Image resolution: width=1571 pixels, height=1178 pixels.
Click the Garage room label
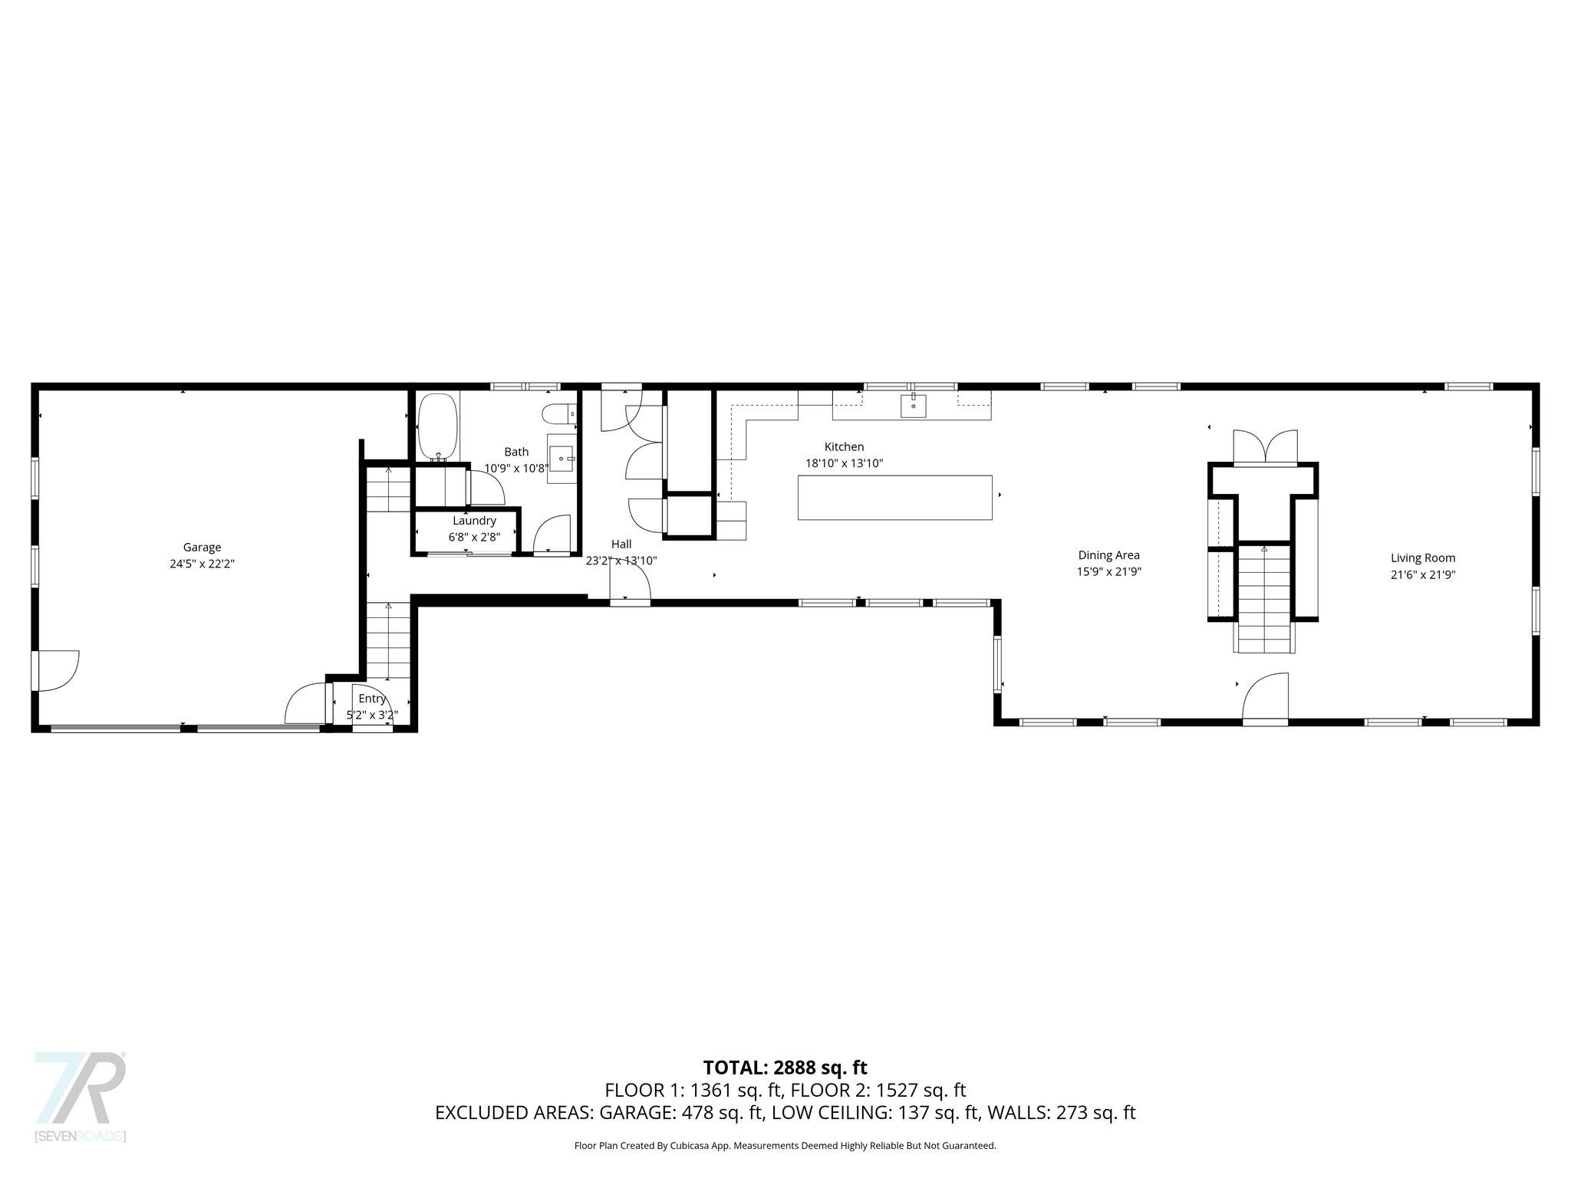click(x=202, y=547)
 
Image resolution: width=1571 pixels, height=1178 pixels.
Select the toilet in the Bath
click(x=558, y=414)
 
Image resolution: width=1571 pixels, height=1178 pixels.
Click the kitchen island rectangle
click(x=894, y=498)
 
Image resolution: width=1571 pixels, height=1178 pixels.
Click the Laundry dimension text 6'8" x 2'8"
click(x=474, y=538)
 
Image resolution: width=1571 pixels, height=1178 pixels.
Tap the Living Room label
click(x=1423, y=558)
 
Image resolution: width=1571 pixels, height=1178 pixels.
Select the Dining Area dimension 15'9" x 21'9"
click(x=1108, y=571)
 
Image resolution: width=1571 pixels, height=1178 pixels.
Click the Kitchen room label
click(x=844, y=446)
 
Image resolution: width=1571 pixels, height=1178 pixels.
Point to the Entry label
click(x=372, y=699)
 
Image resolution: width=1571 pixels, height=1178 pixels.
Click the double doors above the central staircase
click(x=1265, y=447)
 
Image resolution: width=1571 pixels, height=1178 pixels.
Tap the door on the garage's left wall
click(x=55, y=670)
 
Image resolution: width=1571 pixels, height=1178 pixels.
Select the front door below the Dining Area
click(x=1265, y=698)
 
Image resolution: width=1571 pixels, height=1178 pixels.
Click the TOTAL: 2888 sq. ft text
click(x=785, y=1068)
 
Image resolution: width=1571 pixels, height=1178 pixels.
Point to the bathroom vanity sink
click(x=562, y=459)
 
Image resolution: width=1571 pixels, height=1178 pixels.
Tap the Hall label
click(x=621, y=544)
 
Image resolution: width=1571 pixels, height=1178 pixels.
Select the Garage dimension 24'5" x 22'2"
click(x=202, y=564)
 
